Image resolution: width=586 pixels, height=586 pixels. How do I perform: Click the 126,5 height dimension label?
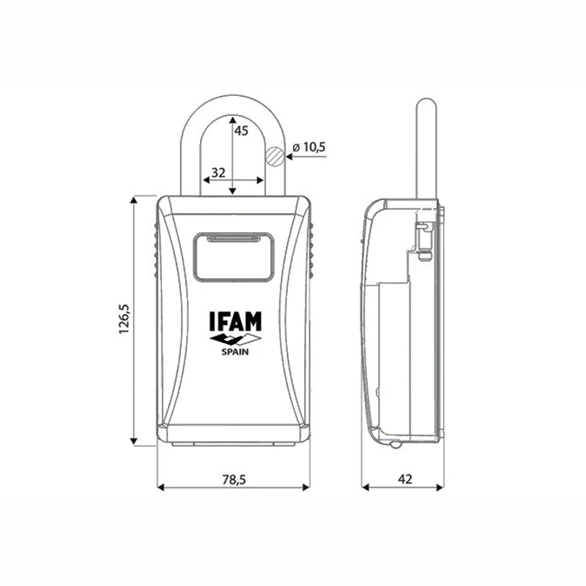pyautogui.click(x=124, y=319)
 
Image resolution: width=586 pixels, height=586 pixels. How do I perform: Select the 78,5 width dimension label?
pyautogui.click(x=233, y=479)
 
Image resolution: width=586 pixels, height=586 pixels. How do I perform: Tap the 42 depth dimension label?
pyautogui.click(x=405, y=479)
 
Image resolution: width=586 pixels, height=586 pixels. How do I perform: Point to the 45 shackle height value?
pyautogui.click(x=241, y=133)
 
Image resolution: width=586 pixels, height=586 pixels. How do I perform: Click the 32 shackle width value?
pyautogui.click(x=218, y=172)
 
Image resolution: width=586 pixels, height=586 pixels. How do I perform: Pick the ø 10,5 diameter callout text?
pyautogui.click(x=308, y=148)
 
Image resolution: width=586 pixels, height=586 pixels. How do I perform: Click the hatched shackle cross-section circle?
pyautogui.click(x=274, y=155)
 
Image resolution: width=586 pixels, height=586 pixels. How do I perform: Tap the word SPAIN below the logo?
pyautogui.click(x=234, y=352)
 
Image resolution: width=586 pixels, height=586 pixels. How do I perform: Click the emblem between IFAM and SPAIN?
pyautogui.click(x=234, y=338)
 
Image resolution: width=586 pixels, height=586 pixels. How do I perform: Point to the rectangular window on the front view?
pyautogui.click(x=234, y=256)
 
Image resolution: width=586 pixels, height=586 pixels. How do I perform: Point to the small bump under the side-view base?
pyautogui.click(x=395, y=445)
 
